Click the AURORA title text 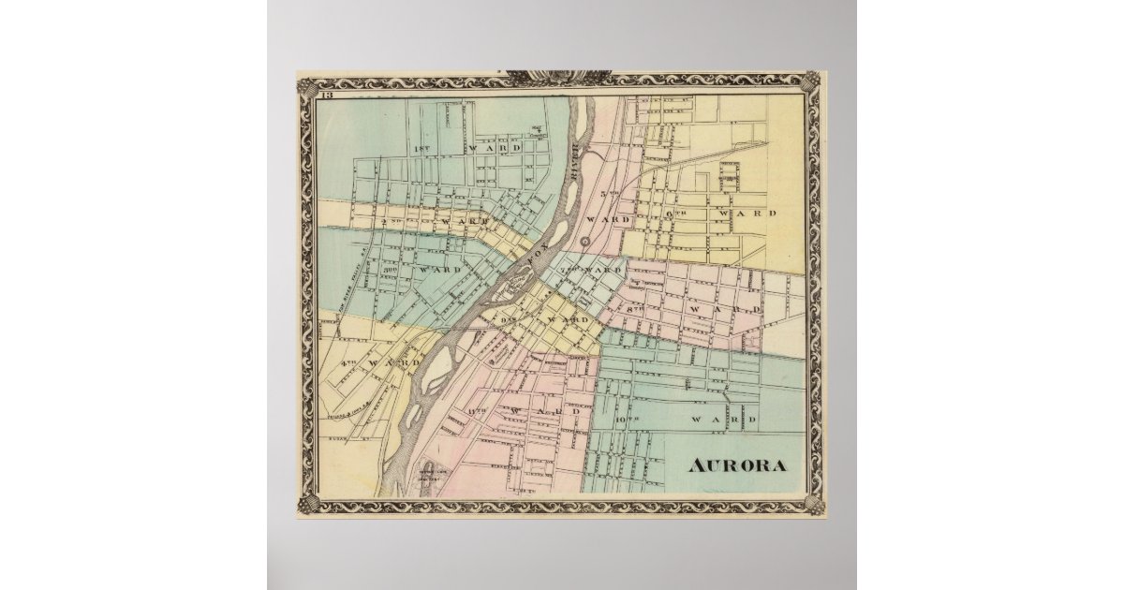737,465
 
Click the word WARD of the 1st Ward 490,148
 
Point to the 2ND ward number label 392,221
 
